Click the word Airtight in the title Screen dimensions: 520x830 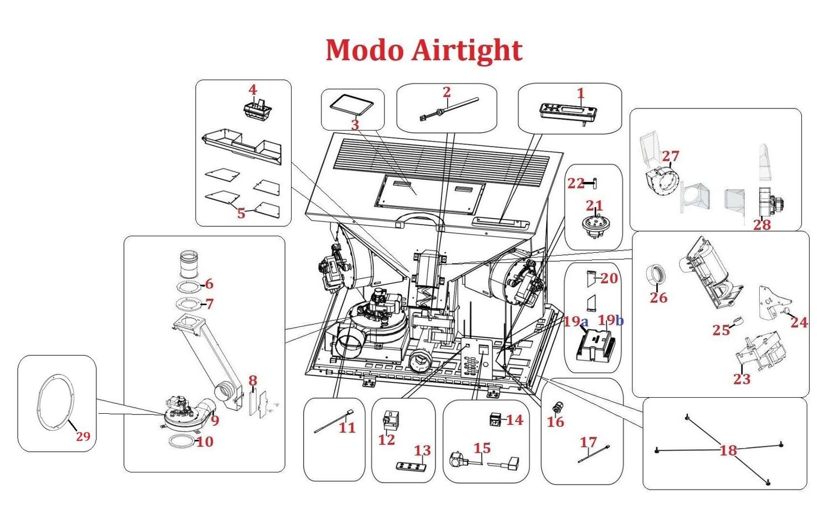coord(466,50)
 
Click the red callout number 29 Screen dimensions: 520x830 coord(83,436)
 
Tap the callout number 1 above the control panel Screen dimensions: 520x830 coord(581,93)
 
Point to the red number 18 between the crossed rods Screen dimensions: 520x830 coord(728,450)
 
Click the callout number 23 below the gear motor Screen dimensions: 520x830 coord(741,379)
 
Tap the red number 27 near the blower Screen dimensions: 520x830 coord(670,156)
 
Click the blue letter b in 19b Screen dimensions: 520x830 coord(620,321)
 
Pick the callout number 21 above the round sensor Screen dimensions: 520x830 coord(594,206)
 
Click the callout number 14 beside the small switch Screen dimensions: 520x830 coord(514,420)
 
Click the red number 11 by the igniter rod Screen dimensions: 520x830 coord(347,427)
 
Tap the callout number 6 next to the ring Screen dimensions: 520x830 coord(209,284)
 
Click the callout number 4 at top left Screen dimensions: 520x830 coord(252,90)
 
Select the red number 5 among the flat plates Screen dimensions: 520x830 coord(241,213)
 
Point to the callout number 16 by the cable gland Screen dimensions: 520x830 coord(555,422)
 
